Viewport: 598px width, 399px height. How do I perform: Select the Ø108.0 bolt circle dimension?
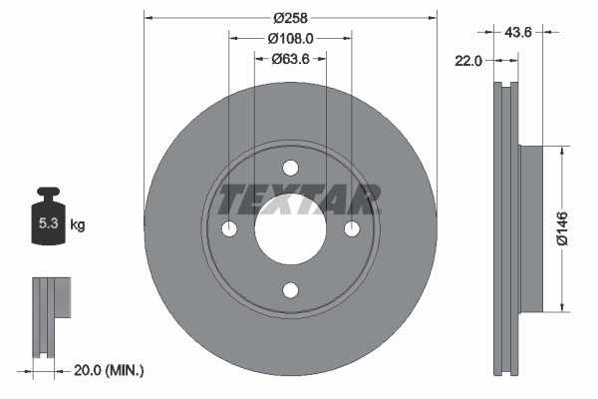pyautogui.click(x=291, y=38)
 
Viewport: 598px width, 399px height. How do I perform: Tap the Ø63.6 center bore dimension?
pyautogui.click(x=291, y=59)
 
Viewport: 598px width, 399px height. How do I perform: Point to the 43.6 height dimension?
pyautogui.click(x=518, y=33)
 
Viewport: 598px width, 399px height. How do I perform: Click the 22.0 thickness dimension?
pyautogui.click(x=468, y=61)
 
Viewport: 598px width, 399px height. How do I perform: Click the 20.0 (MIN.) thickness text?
pyautogui.click(x=110, y=370)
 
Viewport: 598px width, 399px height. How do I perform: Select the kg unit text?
pyautogui.click(x=78, y=225)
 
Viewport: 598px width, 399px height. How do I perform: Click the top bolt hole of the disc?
pyautogui.click(x=290, y=168)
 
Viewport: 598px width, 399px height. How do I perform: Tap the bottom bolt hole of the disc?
pyautogui.click(x=290, y=290)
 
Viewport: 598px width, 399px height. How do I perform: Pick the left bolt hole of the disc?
pyautogui.click(x=229, y=229)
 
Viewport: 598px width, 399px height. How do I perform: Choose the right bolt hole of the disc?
pyautogui.click(x=352, y=229)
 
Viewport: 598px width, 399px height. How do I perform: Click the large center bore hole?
pyautogui.click(x=290, y=229)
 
